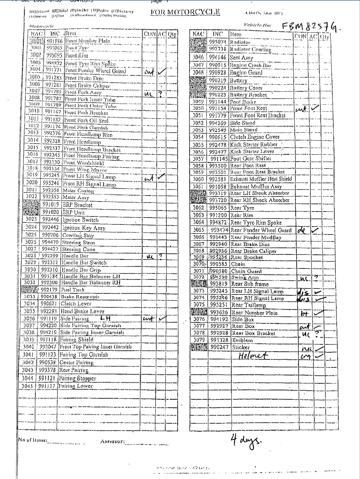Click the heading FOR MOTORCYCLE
(185, 12)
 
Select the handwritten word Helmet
(254, 355)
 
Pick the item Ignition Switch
(80, 220)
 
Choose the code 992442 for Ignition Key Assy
(51, 228)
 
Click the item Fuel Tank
(72, 290)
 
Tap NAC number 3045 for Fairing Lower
(28, 386)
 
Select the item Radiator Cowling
(250, 49)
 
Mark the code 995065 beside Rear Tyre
(218, 208)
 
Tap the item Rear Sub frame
(250, 284)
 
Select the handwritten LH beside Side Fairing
(105, 318)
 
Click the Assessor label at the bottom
(112, 442)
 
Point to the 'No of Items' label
(32, 440)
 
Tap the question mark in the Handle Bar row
(161, 256)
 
